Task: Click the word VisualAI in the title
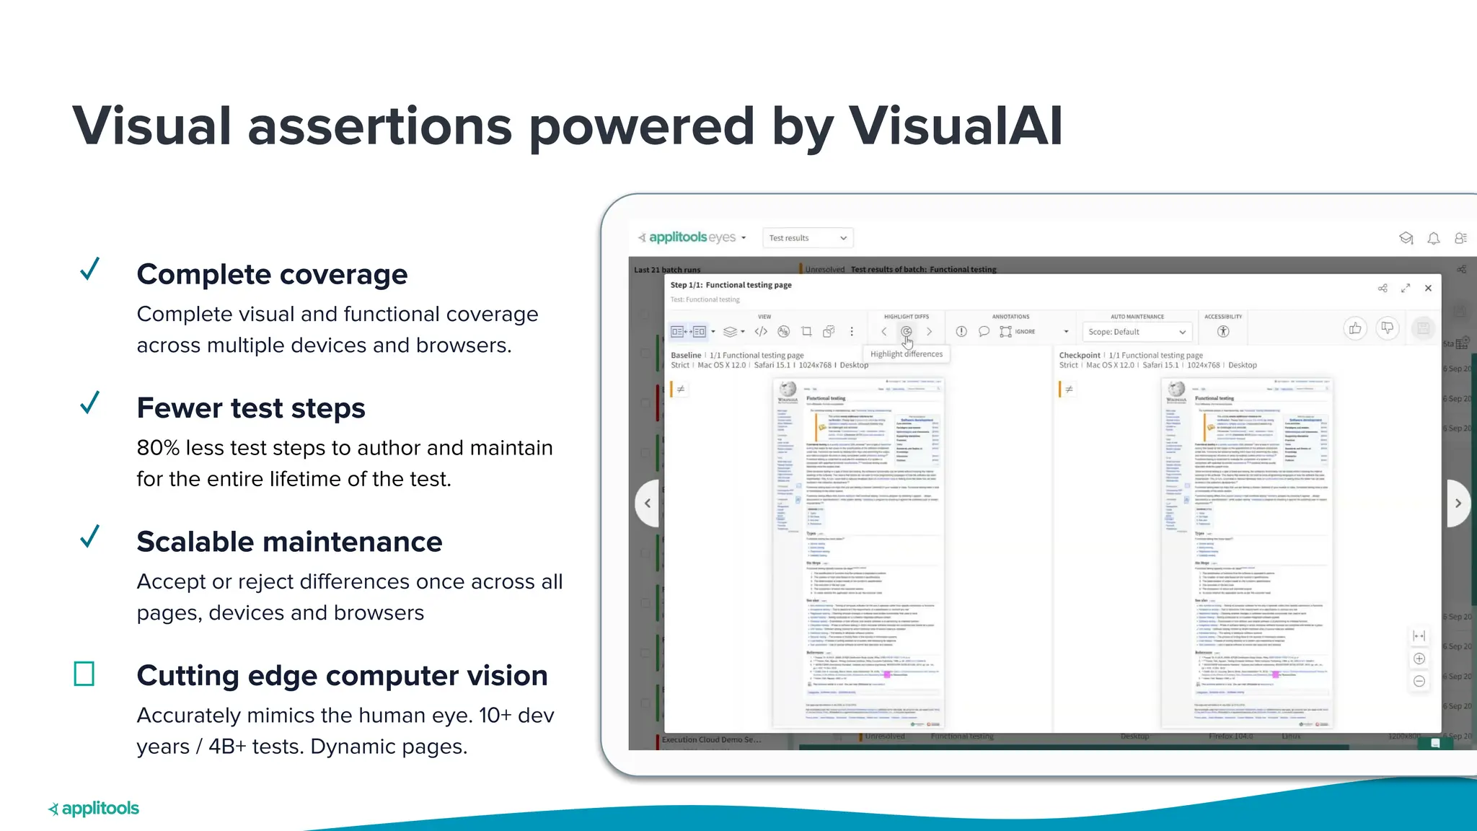[x=955, y=126]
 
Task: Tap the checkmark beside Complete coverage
[x=90, y=269]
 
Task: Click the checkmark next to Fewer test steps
[x=90, y=403]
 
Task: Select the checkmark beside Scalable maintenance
[x=90, y=537]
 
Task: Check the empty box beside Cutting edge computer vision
[x=84, y=674]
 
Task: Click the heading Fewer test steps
[x=251, y=408]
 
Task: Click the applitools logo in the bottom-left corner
[x=94, y=809]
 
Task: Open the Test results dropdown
[x=808, y=238]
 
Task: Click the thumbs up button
[x=1355, y=329]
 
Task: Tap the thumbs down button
[x=1387, y=329]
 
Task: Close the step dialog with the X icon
[x=1428, y=288]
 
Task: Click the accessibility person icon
[x=1223, y=332]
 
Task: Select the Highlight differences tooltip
[x=906, y=354]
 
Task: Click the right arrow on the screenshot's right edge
[x=1458, y=504]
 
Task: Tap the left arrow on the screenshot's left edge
[x=648, y=504]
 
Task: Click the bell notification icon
[x=1434, y=238]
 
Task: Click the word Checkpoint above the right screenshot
[x=1080, y=355]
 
